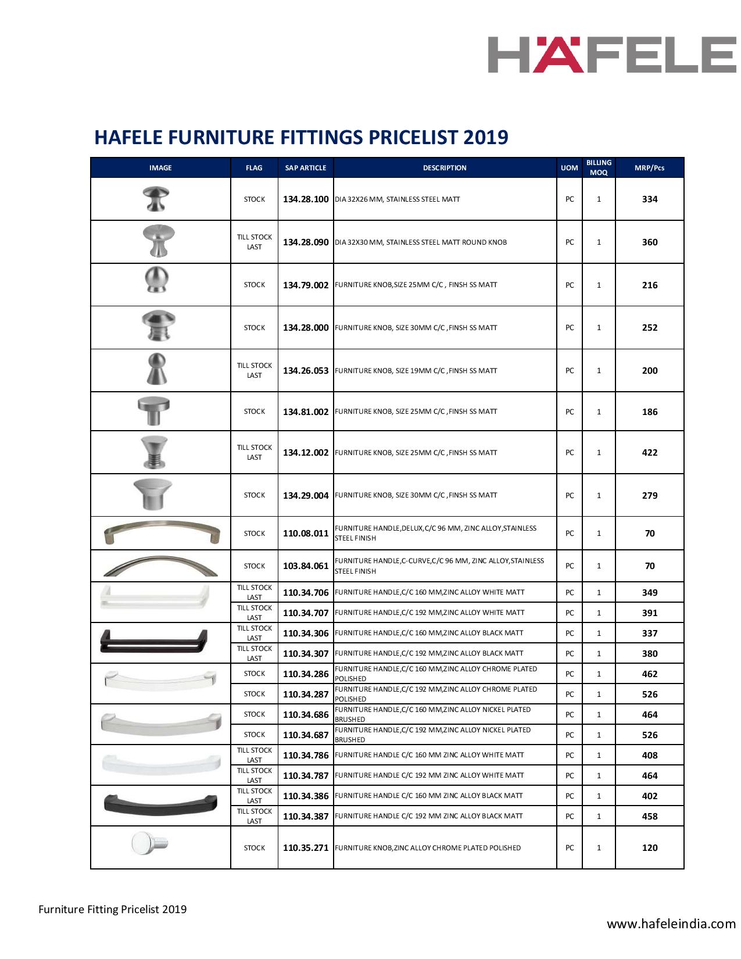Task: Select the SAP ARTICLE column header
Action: pos(306,168)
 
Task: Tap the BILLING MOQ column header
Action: pos(599,168)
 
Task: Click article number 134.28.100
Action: pos(306,199)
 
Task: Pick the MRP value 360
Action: pos(649,242)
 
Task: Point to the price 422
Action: pos(649,453)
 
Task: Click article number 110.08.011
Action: pos(306,534)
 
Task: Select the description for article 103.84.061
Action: pos(439,566)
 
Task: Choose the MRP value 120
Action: pos(649,848)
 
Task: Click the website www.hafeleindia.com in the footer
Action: pos(671,924)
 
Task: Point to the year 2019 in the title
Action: pos(485,137)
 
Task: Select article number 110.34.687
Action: pos(306,735)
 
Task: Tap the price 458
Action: pos(649,817)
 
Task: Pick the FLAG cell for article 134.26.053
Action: pos(254,371)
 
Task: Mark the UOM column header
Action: pos(569,168)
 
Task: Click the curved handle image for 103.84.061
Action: pos(160,566)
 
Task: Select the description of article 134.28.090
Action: pos(421,242)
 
